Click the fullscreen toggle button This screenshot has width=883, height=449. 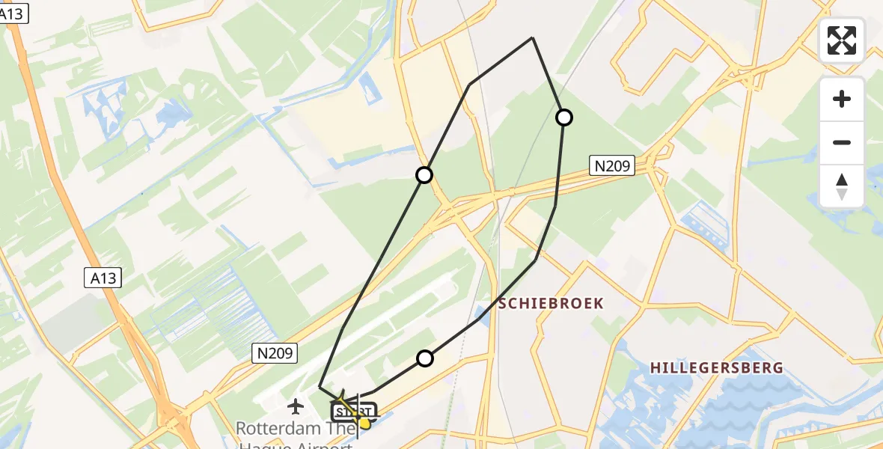(842, 40)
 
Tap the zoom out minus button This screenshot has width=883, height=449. (842, 142)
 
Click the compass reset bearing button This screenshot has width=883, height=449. (842, 186)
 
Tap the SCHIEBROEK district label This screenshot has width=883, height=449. (551, 303)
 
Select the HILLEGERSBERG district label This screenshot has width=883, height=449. (706, 367)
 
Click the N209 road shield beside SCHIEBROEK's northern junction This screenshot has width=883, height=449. (612, 166)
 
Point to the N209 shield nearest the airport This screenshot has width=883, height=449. (275, 353)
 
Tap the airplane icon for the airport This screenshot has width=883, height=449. (296, 406)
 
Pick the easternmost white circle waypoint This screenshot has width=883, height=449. (564, 117)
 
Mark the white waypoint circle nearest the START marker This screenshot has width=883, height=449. (425, 358)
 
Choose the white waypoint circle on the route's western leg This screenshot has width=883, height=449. (424, 175)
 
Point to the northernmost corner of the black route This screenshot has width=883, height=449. (532, 37)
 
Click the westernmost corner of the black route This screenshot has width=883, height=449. (320, 387)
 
